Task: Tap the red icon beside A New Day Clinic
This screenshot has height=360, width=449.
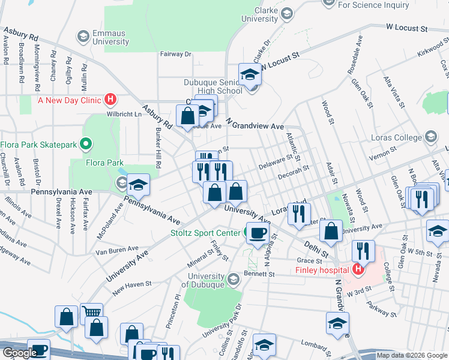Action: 111,100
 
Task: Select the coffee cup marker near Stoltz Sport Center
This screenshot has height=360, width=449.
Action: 258,233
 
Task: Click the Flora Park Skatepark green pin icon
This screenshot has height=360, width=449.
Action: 86,144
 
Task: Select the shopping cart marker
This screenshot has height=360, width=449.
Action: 91,313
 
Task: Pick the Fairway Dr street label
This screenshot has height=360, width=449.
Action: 175,54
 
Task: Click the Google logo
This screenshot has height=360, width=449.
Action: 20,353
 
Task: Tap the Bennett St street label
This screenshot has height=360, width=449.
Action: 259,274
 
